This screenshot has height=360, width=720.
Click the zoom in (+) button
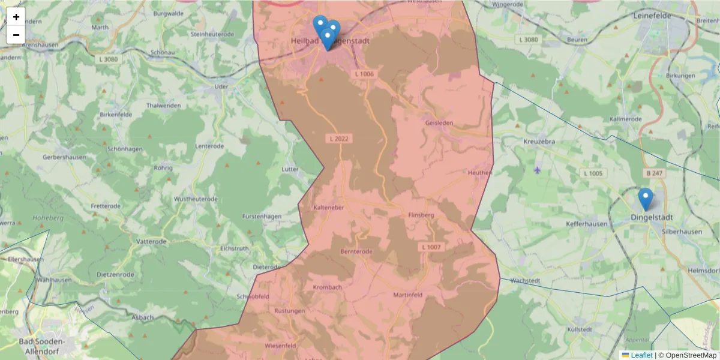click(x=16, y=17)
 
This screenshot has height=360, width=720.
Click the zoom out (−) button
click(x=16, y=35)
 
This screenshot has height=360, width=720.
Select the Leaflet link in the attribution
click(x=641, y=355)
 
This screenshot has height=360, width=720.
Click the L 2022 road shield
click(x=339, y=139)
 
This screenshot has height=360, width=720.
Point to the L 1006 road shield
click(x=364, y=74)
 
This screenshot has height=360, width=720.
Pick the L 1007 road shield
click(x=431, y=247)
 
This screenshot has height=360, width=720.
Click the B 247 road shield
click(x=655, y=173)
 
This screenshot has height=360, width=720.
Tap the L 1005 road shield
click(x=594, y=173)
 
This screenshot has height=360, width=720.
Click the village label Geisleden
click(x=439, y=123)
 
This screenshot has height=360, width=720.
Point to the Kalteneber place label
click(x=328, y=207)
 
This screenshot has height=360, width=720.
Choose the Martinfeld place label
click(x=409, y=295)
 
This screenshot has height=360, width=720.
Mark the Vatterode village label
click(x=152, y=241)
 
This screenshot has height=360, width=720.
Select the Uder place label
click(x=221, y=86)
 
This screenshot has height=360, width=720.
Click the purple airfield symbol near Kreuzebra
click(x=536, y=170)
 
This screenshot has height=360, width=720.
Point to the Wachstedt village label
click(x=526, y=280)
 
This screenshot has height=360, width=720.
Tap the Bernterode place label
click(x=356, y=251)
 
